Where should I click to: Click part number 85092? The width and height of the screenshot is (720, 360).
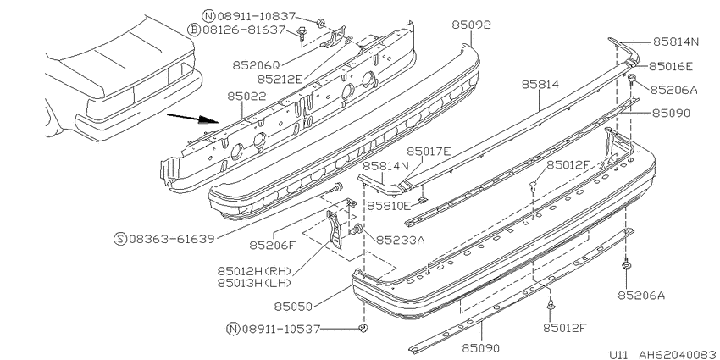coord(471,25)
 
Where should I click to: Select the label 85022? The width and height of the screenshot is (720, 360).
coord(246,97)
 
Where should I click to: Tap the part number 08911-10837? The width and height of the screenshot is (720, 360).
coord(256,17)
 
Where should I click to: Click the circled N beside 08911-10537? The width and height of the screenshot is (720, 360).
coord(233,329)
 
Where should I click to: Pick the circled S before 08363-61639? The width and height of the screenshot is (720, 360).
coord(120,239)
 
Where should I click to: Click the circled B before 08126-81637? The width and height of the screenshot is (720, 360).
coord(194,30)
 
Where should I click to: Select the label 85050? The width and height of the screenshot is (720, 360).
coord(293,307)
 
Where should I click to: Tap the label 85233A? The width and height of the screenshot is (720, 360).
coord(401,240)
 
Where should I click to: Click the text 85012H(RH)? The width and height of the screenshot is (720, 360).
coord(254,271)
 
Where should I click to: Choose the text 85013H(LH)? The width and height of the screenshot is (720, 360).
coord(254,283)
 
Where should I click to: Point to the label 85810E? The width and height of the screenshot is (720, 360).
coord(388,206)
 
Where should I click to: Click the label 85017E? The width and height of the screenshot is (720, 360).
coord(429,151)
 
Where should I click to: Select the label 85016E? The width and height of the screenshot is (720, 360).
coord(670,67)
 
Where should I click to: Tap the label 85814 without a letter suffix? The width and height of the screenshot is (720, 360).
coord(540,85)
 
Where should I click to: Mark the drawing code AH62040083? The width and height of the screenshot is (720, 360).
coord(677,355)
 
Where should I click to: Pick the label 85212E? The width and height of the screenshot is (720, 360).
coord(280,80)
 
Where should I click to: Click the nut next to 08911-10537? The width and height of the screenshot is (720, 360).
coord(363,328)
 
